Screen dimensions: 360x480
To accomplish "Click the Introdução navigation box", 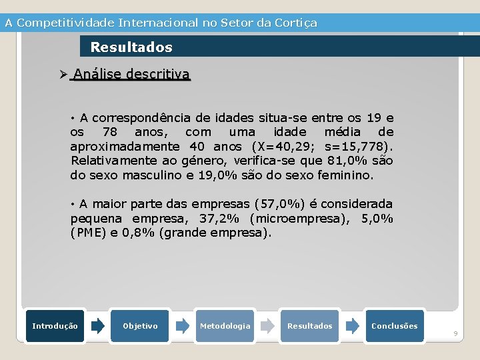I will pos(55,326).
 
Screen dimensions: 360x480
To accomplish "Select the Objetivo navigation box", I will pos(140,326).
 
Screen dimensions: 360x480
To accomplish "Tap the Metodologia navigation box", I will pos(225,326).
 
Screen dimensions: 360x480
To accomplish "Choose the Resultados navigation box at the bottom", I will pos(309,326).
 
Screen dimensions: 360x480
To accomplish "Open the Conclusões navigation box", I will pos(394,326).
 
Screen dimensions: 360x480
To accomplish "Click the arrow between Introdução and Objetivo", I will pos(97,326).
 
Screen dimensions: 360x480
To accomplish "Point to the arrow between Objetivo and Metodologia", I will pos(182,326).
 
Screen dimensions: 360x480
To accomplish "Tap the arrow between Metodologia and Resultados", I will pos(267,326).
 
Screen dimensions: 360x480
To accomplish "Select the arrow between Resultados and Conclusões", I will pos(352,326).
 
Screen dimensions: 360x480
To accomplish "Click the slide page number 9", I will pos(456,333).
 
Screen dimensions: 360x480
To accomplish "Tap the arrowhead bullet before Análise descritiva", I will pos(64,74).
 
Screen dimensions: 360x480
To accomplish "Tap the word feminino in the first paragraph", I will pos(347,176).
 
